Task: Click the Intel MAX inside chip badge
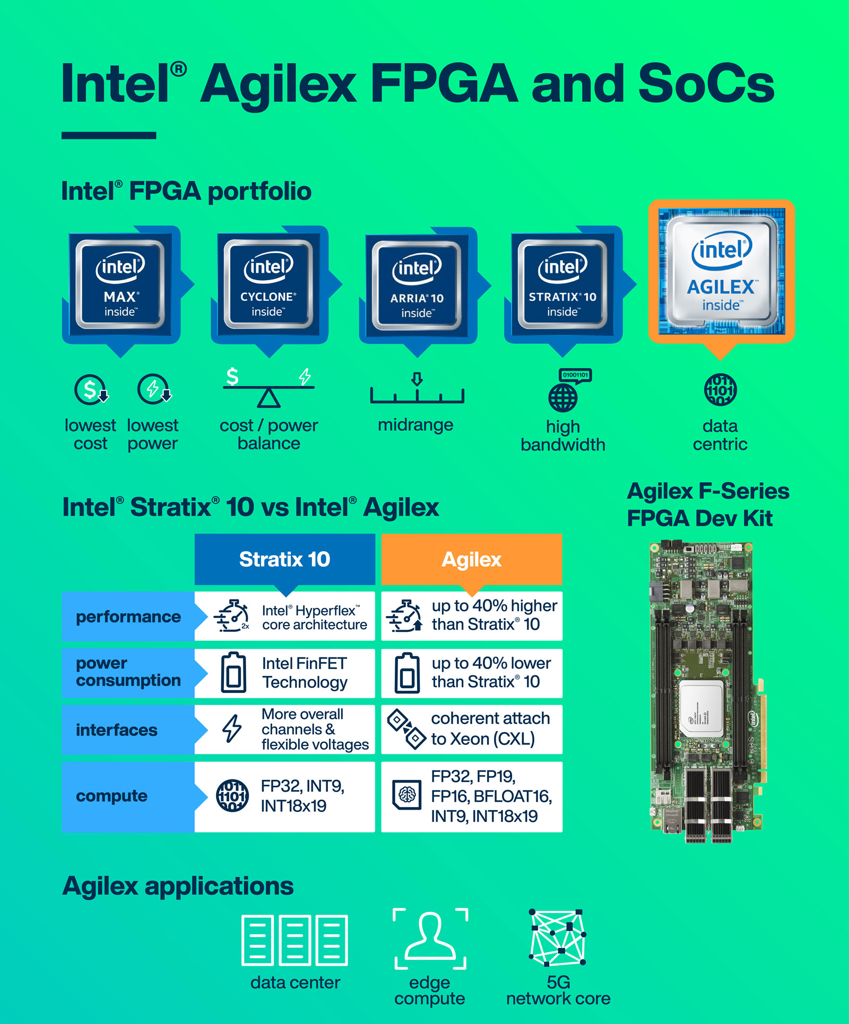[120, 285]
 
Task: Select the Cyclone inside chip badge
[268, 285]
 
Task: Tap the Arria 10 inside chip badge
[417, 286]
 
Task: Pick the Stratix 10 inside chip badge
[563, 285]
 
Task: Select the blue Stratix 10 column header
[284, 559]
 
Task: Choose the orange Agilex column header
[471, 559]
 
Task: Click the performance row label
[128, 617]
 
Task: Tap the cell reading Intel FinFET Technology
[285, 673]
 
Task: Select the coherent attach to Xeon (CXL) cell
[471, 729]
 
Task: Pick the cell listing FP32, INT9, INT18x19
[285, 796]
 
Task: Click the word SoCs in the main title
[706, 84]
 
